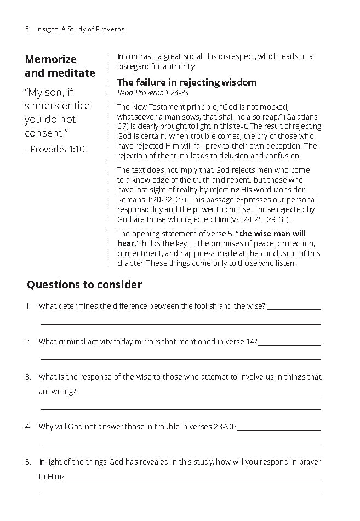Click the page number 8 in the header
[27, 29]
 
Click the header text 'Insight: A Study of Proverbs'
[80, 29]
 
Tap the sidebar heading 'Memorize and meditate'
[60, 66]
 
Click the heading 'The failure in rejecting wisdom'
[187, 83]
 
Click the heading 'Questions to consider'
[84, 285]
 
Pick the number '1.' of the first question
[28, 306]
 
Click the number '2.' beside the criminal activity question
[28, 342]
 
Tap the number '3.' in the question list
[28, 377]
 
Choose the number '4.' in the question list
[28, 426]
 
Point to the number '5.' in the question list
[28, 462]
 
